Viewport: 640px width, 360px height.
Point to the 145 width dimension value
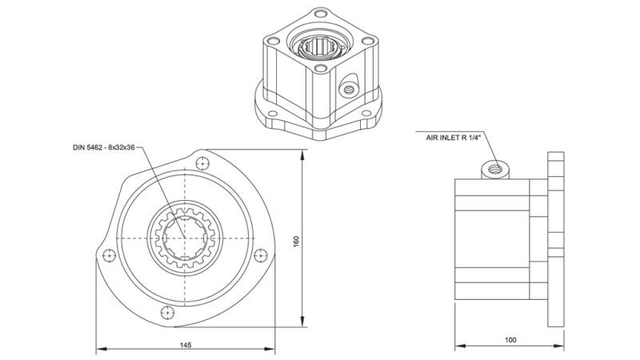[186, 345]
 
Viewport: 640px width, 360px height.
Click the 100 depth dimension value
[510, 340]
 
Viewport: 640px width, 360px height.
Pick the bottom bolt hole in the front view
[166, 311]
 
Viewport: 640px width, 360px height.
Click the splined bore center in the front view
[185, 237]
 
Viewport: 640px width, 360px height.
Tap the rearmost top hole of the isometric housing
[322, 14]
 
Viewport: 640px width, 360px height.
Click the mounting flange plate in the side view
[558, 239]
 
